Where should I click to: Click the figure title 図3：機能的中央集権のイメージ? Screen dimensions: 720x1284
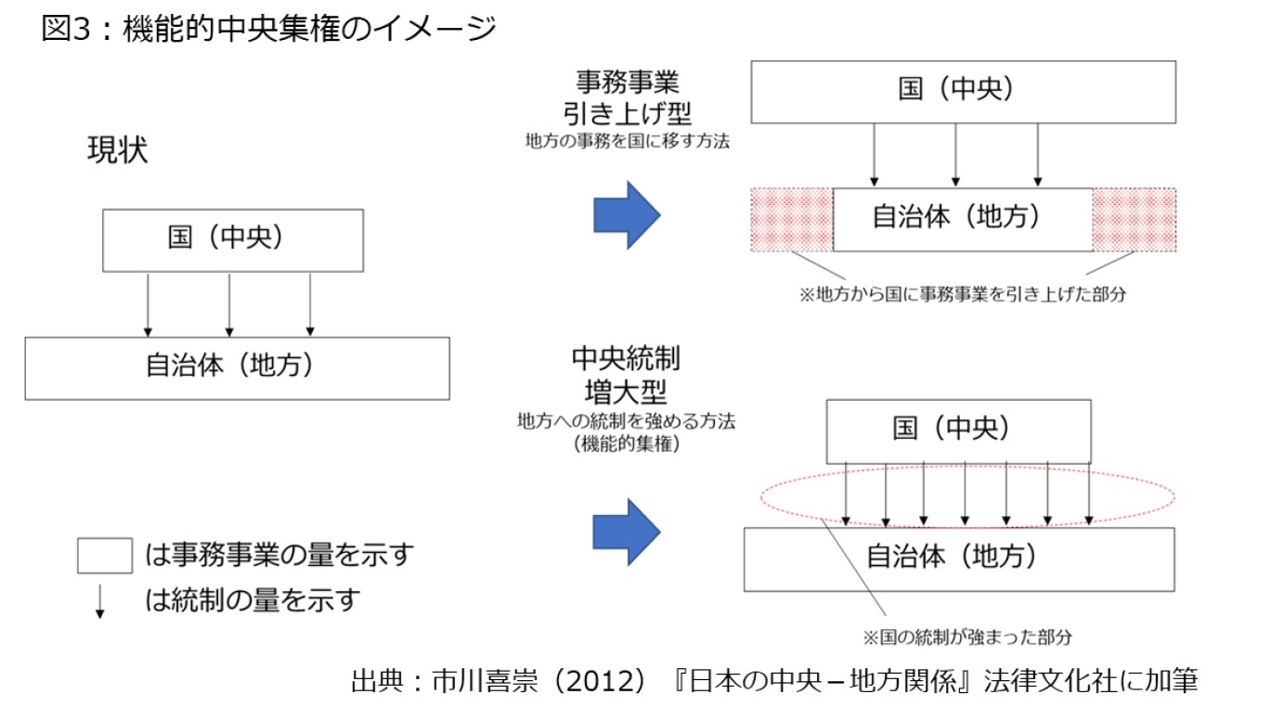(x=269, y=29)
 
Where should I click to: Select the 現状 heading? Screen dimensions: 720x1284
(x=117, y=151)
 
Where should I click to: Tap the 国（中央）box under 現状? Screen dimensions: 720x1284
(x=232, y=239)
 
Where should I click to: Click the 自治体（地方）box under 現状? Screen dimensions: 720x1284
(x=237, y=367)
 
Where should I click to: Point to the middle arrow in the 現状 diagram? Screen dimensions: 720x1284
(x=228, y=304)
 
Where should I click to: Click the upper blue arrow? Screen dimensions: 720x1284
(x=627, y=215)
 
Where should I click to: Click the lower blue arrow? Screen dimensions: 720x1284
(x=627, y=532)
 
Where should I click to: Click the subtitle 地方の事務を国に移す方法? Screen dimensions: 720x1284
(x=628, y=143)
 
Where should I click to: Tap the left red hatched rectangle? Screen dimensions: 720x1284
(x=791, y=220)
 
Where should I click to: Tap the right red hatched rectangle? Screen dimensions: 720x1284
(x=1135, y=220)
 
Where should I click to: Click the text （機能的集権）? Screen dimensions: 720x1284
(x=628, y=444)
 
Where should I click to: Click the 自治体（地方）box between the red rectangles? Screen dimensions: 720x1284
(x=963, y=219)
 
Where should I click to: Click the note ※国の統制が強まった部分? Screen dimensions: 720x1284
(x=967, y=637)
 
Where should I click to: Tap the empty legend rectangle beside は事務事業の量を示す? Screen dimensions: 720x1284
(x=104, y=557)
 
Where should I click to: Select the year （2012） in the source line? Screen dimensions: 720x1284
(x=597, y=682)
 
